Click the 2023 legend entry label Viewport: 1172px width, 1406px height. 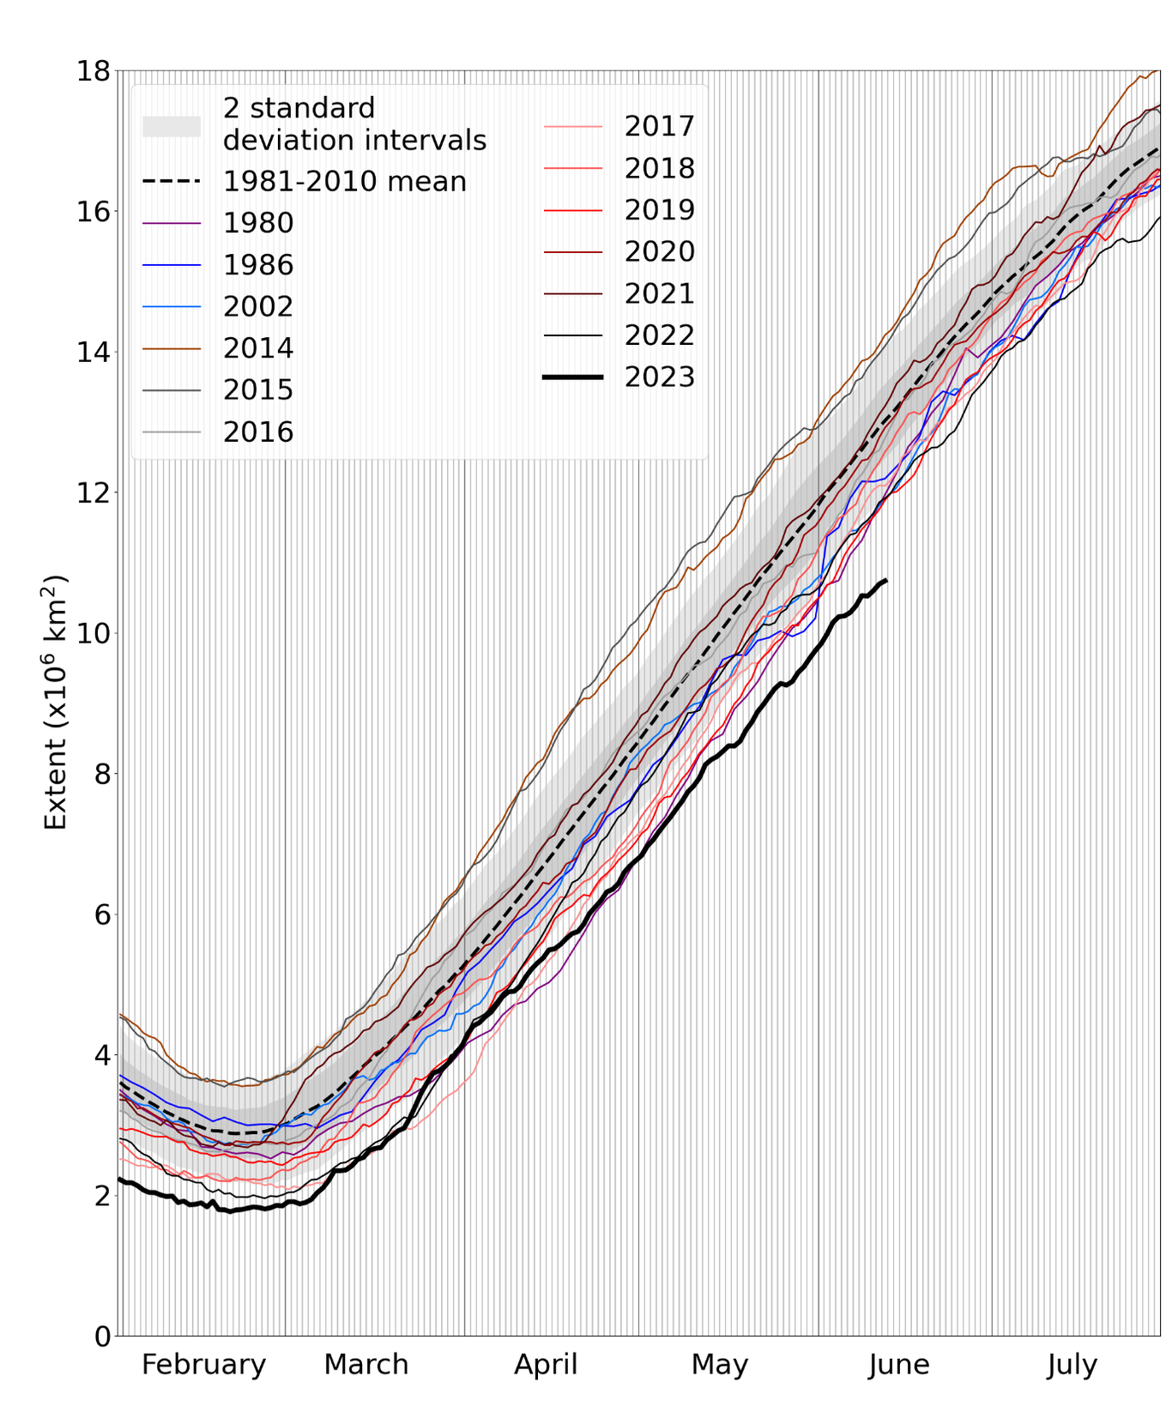coord(659,377)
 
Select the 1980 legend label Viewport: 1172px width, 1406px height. coord(258,223)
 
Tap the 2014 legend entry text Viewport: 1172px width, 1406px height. coord(258,348)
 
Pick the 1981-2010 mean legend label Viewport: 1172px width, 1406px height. coord(344,182)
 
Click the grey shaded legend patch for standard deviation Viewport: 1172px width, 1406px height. coord(172,126)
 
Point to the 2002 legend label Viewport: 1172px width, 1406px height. coord(258,306)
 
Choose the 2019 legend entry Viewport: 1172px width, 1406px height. coord(659,209)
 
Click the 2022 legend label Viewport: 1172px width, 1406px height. coord(659,335)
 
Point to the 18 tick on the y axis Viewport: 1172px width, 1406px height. coord(94,71)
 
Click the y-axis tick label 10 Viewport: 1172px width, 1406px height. coord(94,634)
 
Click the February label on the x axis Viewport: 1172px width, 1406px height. coord(203,1364)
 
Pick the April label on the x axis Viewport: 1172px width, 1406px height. coord(546,1364)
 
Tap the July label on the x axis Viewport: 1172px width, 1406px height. coord(1072,1364)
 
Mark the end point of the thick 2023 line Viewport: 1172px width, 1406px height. coord(885,581)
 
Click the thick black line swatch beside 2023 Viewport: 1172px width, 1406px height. coord(573,377)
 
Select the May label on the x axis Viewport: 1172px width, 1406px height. coord(720,1364)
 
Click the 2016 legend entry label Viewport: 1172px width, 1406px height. coord(258,432)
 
